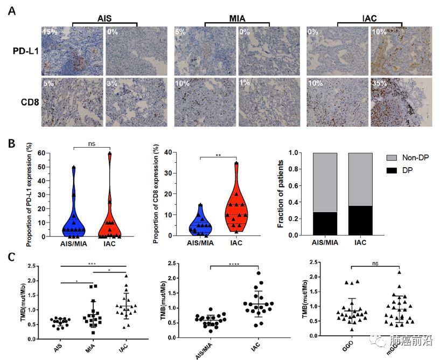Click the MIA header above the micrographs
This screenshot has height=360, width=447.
coord(237,19)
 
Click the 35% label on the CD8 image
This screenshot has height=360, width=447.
coord(380,85)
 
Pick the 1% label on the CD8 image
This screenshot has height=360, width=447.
coord(245,85)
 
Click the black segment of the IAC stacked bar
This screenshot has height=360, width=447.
coord(360,221)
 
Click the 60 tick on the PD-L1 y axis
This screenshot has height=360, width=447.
coord(40,154)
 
